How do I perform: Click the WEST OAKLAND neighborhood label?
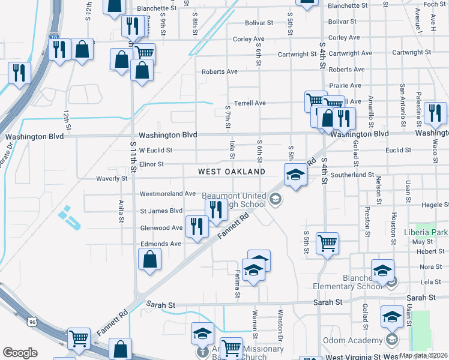[232, 172]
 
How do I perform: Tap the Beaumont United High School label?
[234, 200]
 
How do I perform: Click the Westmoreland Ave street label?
[168, 194]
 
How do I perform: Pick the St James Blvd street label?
[161, 211]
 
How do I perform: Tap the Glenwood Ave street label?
[161, 228]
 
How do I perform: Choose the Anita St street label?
[121, 212]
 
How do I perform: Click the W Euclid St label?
[155, 150]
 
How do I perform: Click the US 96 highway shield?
[31, 322]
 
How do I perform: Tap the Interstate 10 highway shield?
[53, 38]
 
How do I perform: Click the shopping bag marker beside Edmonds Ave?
[149, 259]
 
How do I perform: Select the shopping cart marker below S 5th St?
[327, 243]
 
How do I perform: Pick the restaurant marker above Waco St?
[435, 113]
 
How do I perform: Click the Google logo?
[20, 352]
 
